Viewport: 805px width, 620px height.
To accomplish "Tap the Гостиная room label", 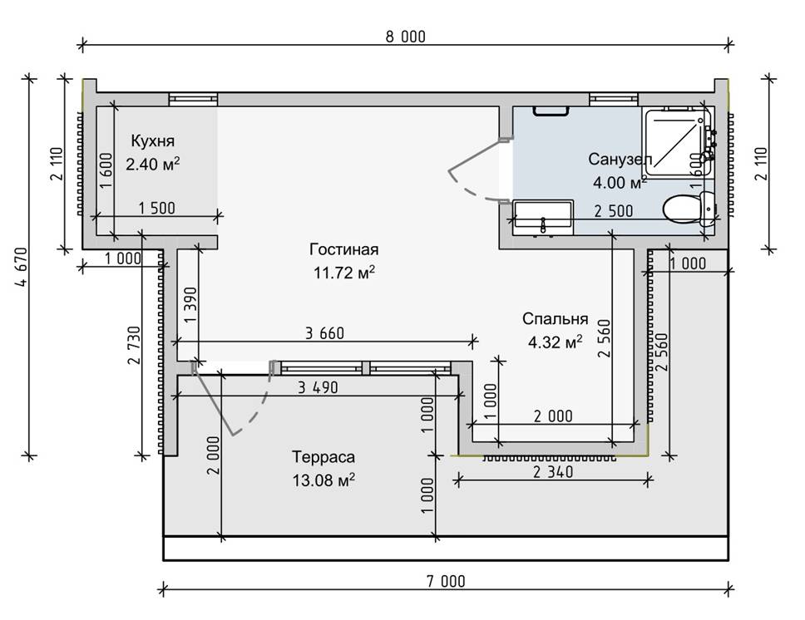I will coord(344,249).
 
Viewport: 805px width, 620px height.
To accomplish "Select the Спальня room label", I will coord(556,319).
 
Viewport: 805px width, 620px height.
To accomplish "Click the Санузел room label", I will coord(619,159).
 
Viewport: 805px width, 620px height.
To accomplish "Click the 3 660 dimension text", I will coord(325,333).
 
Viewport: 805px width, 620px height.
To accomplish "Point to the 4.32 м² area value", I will coord(556,341).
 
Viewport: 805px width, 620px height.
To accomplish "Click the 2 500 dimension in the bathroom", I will coord(613,211).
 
